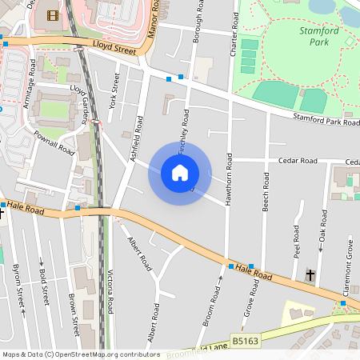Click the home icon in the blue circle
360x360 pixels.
(180, 173)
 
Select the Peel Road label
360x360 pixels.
(296, 241)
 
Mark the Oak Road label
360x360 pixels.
(322, 235)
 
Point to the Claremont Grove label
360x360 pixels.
(347, 277)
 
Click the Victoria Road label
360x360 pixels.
(110, 294)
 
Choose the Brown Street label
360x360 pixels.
(73, 314)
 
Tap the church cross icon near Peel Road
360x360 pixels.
(310, 275)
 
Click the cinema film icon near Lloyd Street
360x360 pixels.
(53, 15)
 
